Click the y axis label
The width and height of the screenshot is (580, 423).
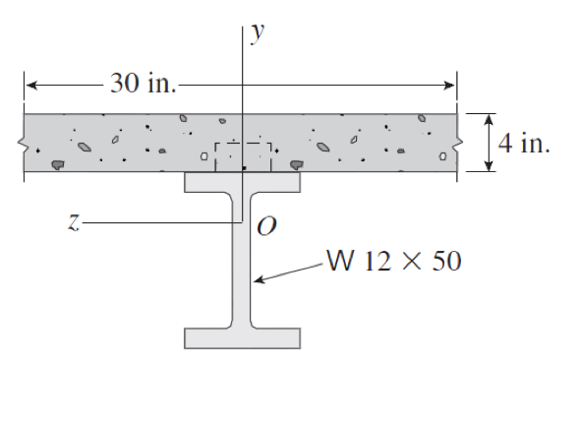[257, 31]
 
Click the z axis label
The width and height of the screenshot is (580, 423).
[73, 224]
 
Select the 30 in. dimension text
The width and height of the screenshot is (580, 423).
[143, 84]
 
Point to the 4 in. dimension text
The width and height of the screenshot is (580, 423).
[523, 143]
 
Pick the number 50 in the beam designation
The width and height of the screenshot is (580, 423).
[445, 263]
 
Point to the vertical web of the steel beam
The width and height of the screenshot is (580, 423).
[242, 261]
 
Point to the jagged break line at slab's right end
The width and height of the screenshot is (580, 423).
[459, 144]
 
